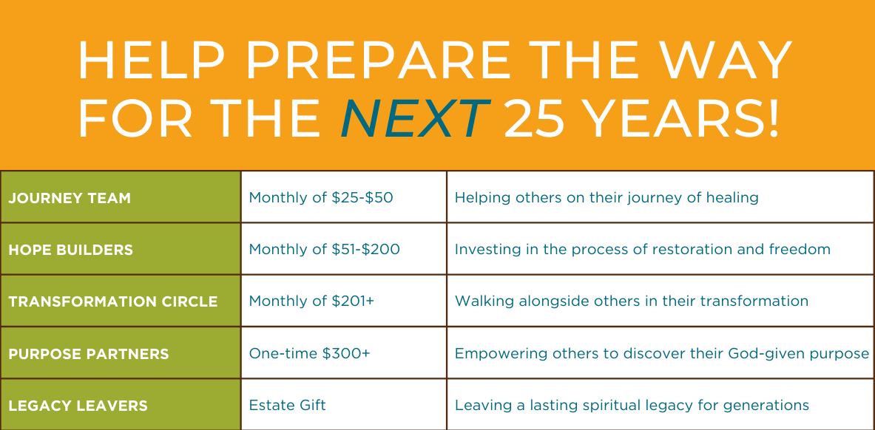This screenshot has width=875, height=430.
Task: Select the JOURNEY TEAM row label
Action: tap(70, 198)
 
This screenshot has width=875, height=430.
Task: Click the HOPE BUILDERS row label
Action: tap(71, 250)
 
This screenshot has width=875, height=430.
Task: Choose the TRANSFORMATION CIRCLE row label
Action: tap(113, 301)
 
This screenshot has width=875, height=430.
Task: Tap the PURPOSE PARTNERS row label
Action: tap(89, 354)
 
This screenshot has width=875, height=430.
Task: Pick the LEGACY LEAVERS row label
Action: tap(78, 406)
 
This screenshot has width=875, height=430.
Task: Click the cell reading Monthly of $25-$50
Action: tap(321, 198)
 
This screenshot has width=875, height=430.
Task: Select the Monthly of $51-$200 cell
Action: tap(324, 250)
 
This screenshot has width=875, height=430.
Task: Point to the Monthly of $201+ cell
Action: tap(311, 301)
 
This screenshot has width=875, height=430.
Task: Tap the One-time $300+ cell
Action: tap(309, 354)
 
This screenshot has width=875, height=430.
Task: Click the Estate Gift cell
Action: tap(288, 406)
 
